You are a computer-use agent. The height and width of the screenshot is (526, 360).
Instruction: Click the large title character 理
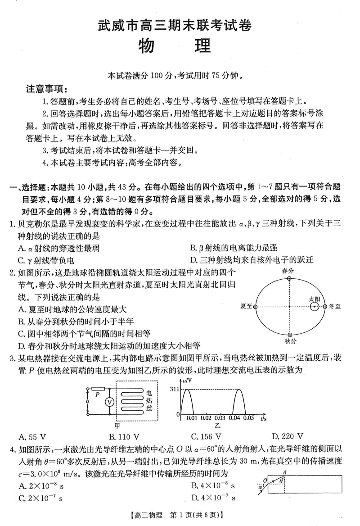200,45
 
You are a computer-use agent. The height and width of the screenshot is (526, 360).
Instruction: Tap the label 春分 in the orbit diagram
288,271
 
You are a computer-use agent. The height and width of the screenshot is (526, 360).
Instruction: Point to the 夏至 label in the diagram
246,306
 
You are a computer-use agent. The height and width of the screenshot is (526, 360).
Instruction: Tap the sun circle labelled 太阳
314,307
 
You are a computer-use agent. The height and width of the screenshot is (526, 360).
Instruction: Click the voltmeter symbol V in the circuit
108,401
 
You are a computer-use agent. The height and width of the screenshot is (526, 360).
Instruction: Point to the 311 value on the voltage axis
174,389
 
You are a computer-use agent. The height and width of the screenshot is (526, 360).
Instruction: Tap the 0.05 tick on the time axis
248,418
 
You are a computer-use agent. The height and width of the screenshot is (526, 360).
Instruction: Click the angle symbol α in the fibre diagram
261,487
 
